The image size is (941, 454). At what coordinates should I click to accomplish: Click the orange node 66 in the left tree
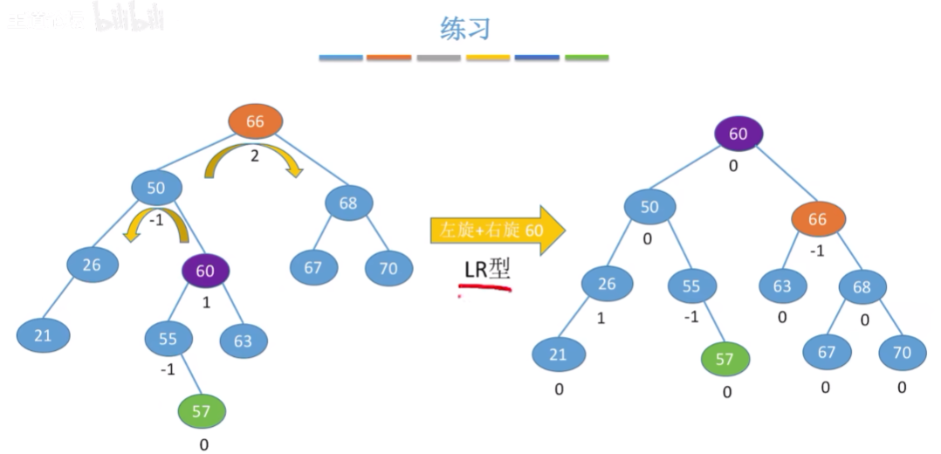(x=255, y=122)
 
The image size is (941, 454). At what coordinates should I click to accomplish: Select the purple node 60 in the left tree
(x=205, y=271)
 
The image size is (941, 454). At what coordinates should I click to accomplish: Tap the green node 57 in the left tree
(x=202, y=409)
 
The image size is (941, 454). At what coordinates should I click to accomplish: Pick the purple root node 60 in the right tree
(x=738, y=134)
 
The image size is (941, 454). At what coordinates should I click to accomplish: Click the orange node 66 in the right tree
(x=817, y=219)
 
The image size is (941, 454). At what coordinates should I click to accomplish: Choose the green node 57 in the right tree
(x=725, y=359)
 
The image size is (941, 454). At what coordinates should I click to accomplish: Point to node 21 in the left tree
(x=43, y=335)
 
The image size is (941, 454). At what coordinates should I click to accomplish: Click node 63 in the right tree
(x=781, y=285)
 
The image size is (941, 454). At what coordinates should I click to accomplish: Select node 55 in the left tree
(x=169, y=338)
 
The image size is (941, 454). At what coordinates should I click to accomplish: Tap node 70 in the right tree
(x=902, y=352)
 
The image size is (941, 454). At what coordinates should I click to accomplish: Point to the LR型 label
(x=486, y=270)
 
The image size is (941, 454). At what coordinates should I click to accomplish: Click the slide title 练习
(x=464, y=28)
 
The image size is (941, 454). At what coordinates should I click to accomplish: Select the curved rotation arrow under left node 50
(x=156, y=224)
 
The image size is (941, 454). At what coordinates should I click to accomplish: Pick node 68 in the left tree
(x=348, y=203)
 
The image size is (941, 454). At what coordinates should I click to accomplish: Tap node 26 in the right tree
(x=608, y=284)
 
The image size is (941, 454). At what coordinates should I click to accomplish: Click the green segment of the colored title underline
(x=586, y=58)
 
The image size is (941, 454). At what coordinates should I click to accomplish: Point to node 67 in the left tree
(x=313, y=267)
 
